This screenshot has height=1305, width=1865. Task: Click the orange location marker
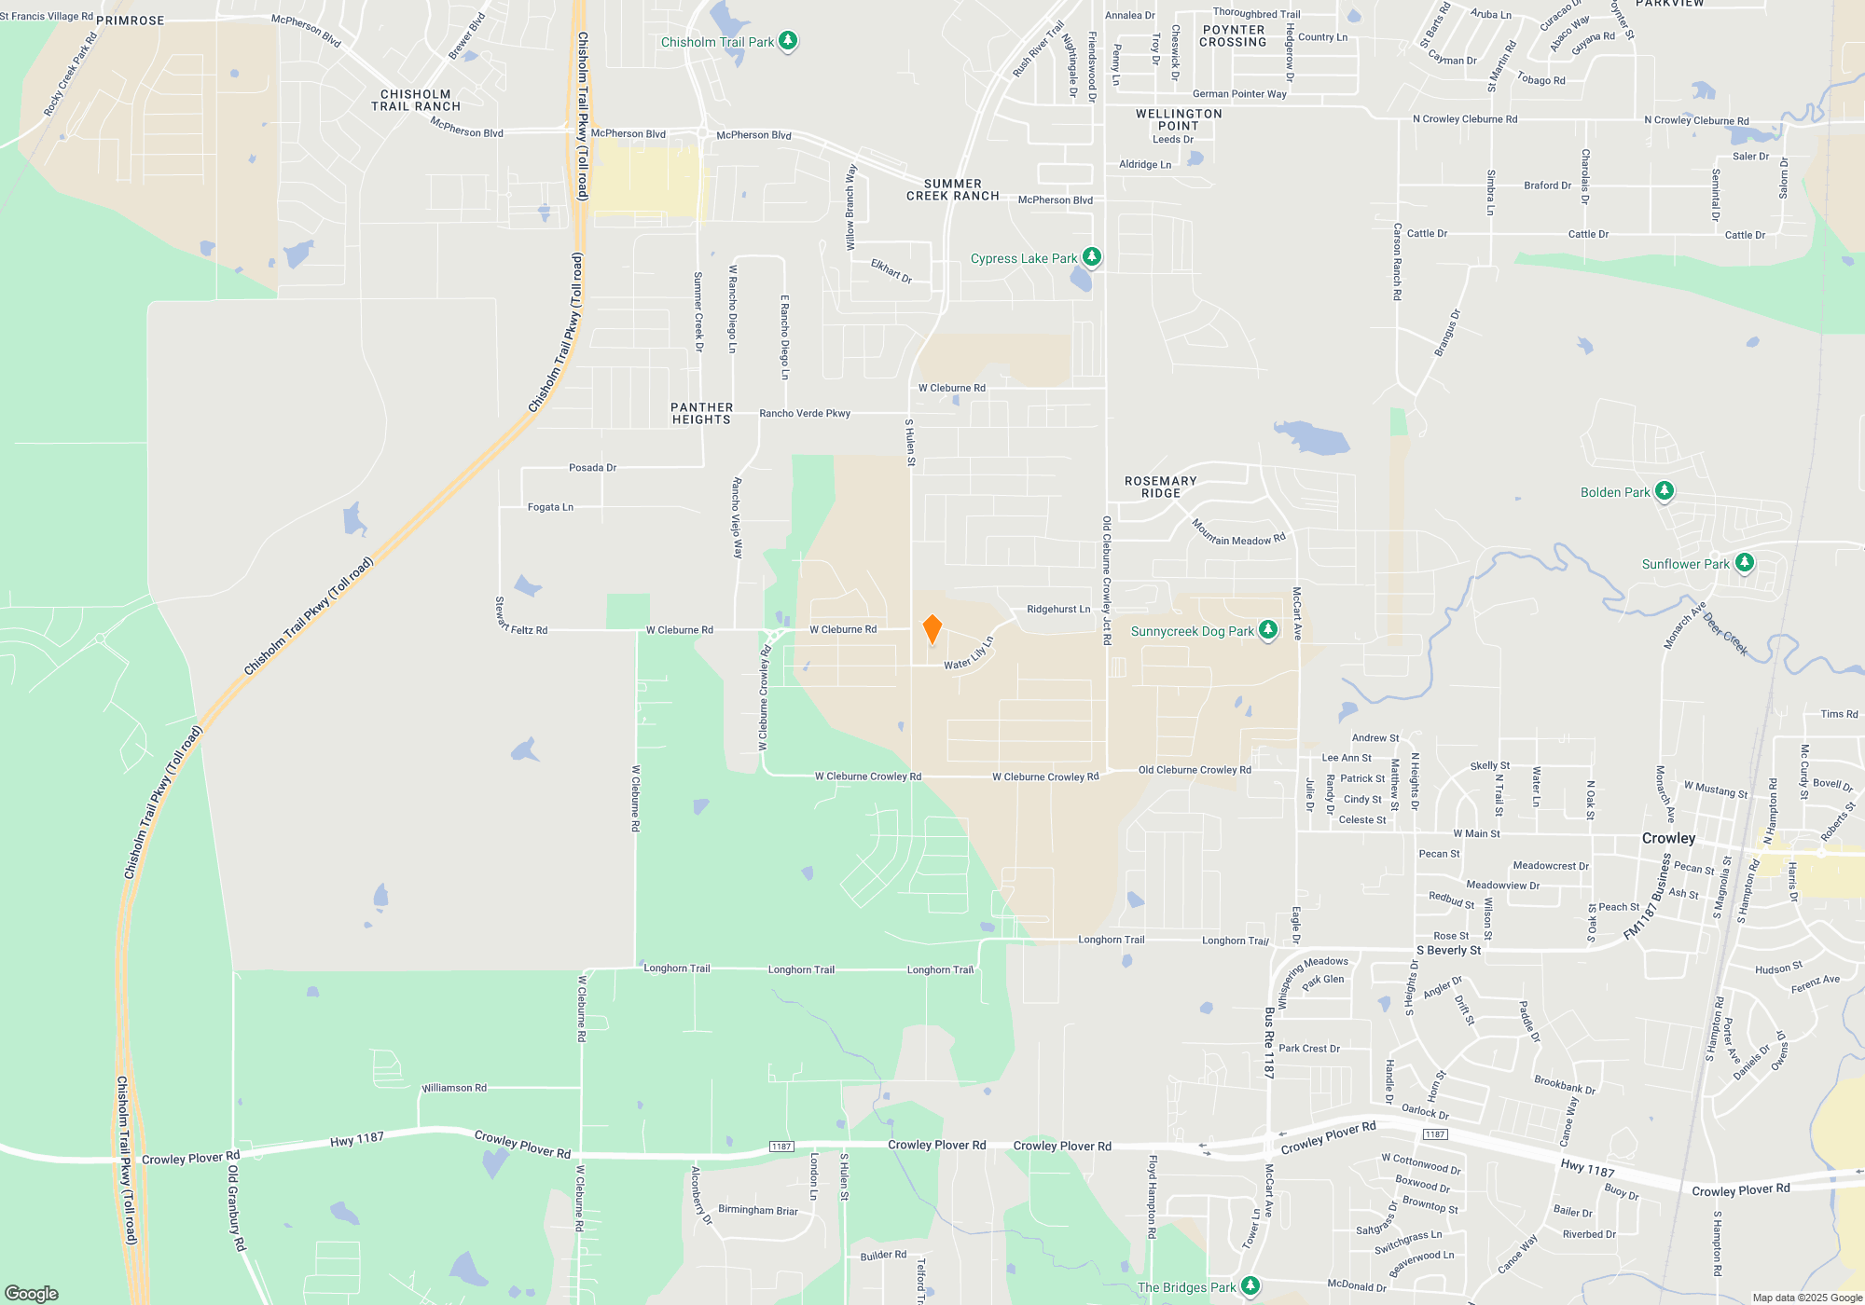pos(932,629)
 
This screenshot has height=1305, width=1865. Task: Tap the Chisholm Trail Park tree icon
pos(788,41)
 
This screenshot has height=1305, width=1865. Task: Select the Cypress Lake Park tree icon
pos(1092,257)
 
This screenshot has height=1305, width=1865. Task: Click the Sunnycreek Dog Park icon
pos(1268,630)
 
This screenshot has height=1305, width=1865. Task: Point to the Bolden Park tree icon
pos(1665,491)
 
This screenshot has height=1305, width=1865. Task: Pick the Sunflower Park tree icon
pos(1745,563)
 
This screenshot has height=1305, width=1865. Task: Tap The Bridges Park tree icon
pos(1250,1286)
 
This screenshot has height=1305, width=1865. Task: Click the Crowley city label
pos(1668,838)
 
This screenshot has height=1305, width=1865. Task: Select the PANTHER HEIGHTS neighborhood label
pos(701,414)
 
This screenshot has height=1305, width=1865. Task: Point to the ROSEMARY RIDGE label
pos(1160,488)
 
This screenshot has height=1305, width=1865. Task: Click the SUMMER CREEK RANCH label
pos(952,190)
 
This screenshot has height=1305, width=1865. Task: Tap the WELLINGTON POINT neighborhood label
pos(1179,120)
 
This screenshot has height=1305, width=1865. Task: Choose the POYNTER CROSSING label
pos(1233,36)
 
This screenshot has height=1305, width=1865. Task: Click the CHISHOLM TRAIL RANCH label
pos(416,101)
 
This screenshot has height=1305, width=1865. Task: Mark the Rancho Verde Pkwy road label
pos(805,413)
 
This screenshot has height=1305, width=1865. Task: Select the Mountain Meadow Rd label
pos(1238,534)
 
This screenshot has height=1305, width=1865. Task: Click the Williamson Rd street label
pos(454,1088)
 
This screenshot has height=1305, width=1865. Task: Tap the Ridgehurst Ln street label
pos(1058,610)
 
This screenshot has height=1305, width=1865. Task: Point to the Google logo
pos(32,1293)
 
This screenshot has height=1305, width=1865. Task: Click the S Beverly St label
pos(1448,951)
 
